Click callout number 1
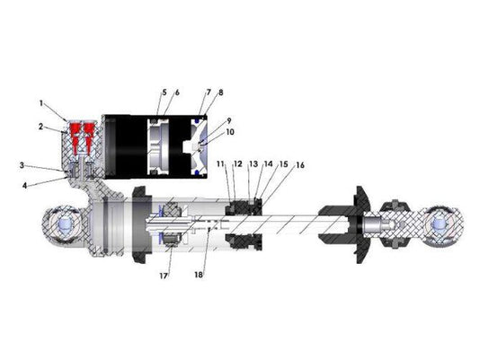coord(41,103)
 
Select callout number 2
coord(41,127)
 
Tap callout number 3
coord(22,165)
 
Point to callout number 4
coord(25,186)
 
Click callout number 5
coord(164,92)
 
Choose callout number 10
coord(230,132)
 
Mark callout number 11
coord(220,163)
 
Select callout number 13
coord(253,163)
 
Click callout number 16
coord(300,165)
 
